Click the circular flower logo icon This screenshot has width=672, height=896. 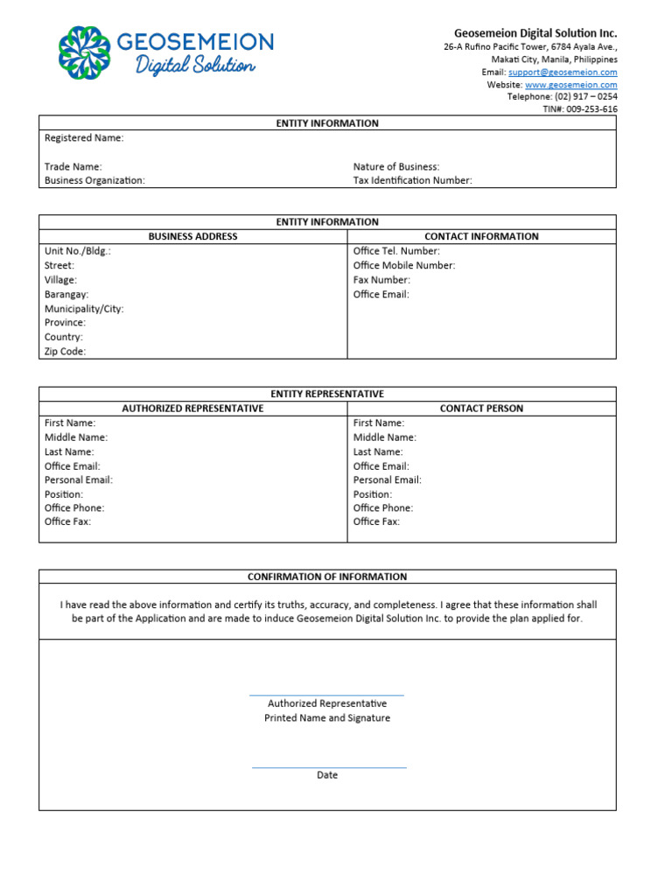[84, 52]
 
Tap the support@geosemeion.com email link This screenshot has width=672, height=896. [563, 73]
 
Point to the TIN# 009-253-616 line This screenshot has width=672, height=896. [580, 109]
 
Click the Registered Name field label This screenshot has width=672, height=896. [84, 138]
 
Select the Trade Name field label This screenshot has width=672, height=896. [73, 166]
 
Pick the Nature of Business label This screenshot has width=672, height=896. [396, 166]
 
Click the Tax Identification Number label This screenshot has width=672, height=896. [412, 180]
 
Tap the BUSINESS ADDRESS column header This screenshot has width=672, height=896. [192, 236]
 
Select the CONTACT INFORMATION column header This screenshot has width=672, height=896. [481, 236]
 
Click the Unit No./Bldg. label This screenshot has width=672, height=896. [78, 251]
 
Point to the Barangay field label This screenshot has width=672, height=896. [66, 295]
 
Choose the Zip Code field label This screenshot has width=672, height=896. [66, 352]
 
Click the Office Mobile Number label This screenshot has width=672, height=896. [404, 265]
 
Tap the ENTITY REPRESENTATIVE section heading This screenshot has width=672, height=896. [327, 394]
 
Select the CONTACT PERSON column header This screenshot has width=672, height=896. [481, 409]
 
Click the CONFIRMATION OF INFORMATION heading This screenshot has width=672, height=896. [327, 577]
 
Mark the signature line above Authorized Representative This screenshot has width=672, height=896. [327, 696]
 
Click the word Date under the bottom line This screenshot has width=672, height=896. [327, 775]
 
